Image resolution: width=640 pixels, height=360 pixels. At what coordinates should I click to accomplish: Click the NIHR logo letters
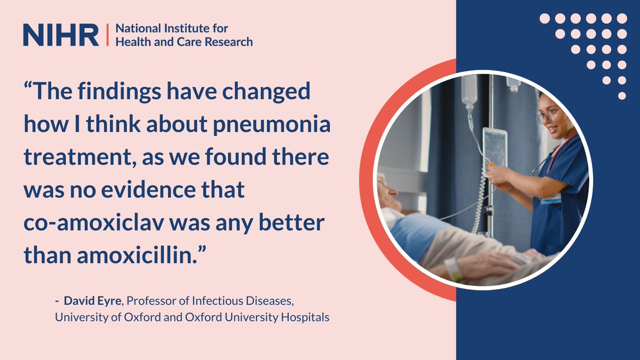61,35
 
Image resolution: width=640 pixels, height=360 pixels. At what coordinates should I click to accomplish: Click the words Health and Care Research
184,41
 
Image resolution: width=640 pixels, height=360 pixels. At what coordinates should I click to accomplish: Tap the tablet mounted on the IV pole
495,146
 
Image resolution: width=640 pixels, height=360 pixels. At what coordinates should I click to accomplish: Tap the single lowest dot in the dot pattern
622,96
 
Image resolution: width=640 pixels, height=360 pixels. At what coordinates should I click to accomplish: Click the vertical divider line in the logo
107,35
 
